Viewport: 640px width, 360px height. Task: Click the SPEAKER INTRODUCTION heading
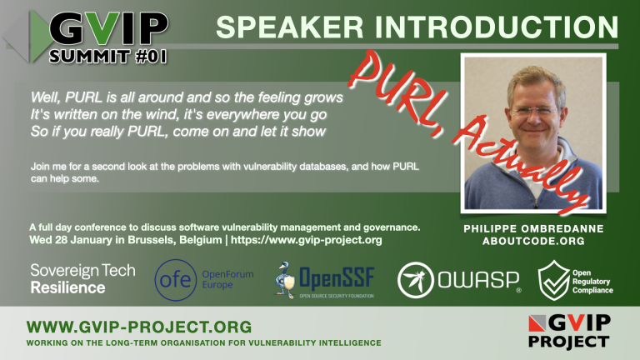[417, 27]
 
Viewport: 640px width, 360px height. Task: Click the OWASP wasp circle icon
[413, 280]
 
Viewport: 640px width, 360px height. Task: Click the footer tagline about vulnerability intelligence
[204, 342]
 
